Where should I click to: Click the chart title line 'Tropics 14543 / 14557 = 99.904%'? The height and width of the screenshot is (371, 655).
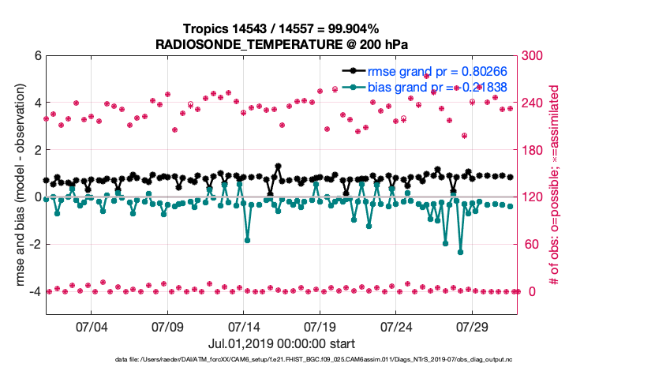[282, 29]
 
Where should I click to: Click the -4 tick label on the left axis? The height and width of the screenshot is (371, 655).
[35, 291]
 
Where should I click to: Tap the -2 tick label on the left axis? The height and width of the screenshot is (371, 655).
[35, 244]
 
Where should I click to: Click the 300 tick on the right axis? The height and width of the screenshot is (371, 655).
[534, 56]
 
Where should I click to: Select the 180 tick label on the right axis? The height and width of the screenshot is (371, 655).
[534, 150]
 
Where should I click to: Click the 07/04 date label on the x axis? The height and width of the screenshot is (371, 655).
[90, 325]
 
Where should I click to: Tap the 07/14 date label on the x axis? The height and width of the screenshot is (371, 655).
[244, 325]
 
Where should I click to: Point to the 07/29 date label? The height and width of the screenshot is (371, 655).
[472, 325]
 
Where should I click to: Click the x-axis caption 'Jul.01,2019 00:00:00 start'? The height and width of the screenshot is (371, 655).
[282, 343]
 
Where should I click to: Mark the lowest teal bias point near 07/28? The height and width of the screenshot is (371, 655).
[460, 252]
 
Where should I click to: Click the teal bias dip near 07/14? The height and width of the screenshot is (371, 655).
[247, 239]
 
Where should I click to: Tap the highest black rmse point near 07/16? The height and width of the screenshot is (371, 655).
[278, 167]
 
